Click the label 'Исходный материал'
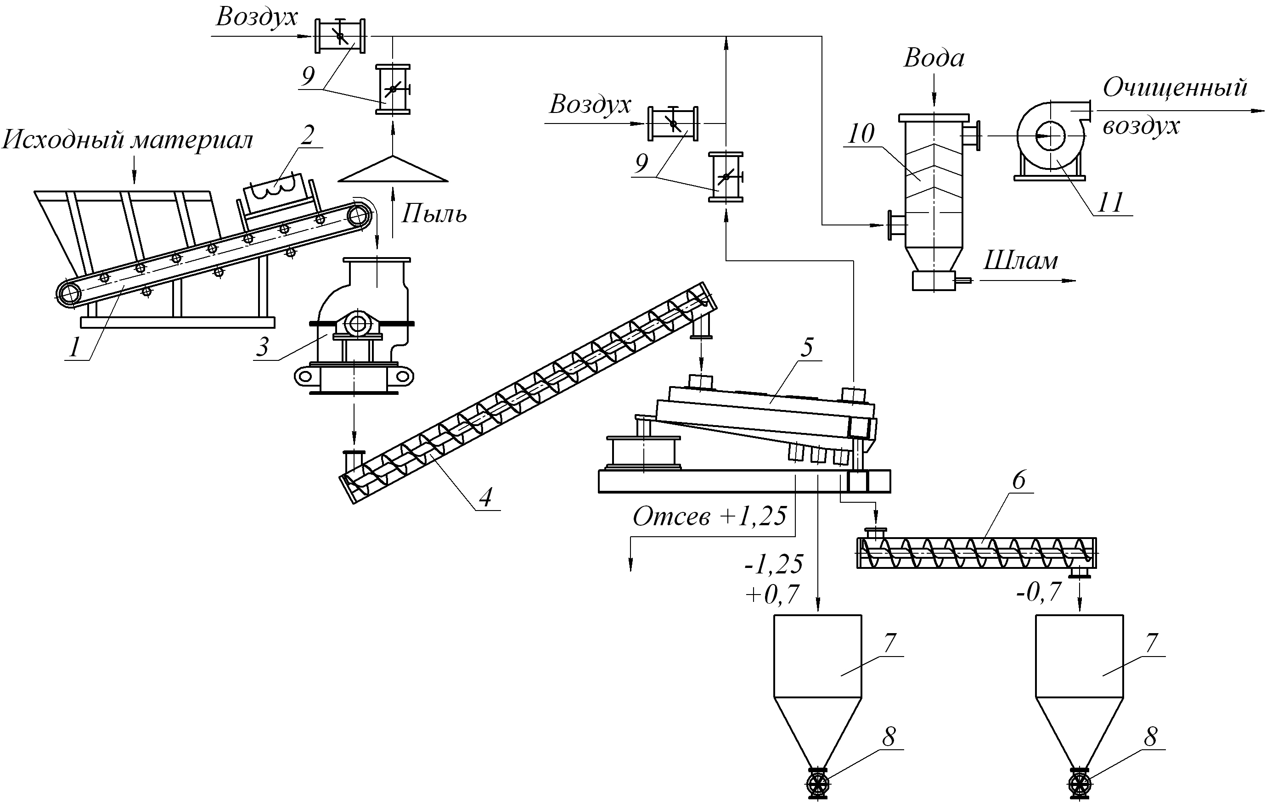coord(128,140)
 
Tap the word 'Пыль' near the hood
coord(434,214)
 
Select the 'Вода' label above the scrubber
coord(934,58)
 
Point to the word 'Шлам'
coord(1020,261)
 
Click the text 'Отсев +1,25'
coord(710,517)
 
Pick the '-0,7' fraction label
coord(1039,593)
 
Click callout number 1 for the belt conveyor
coord(75,347)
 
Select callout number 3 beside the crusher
coord(262,347)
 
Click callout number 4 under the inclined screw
coord(486,497)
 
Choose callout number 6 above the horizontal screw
coord(1018,480)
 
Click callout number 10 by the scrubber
coord(861,134)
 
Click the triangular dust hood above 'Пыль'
coord(393,171)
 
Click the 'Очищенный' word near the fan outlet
coord(1175,88)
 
